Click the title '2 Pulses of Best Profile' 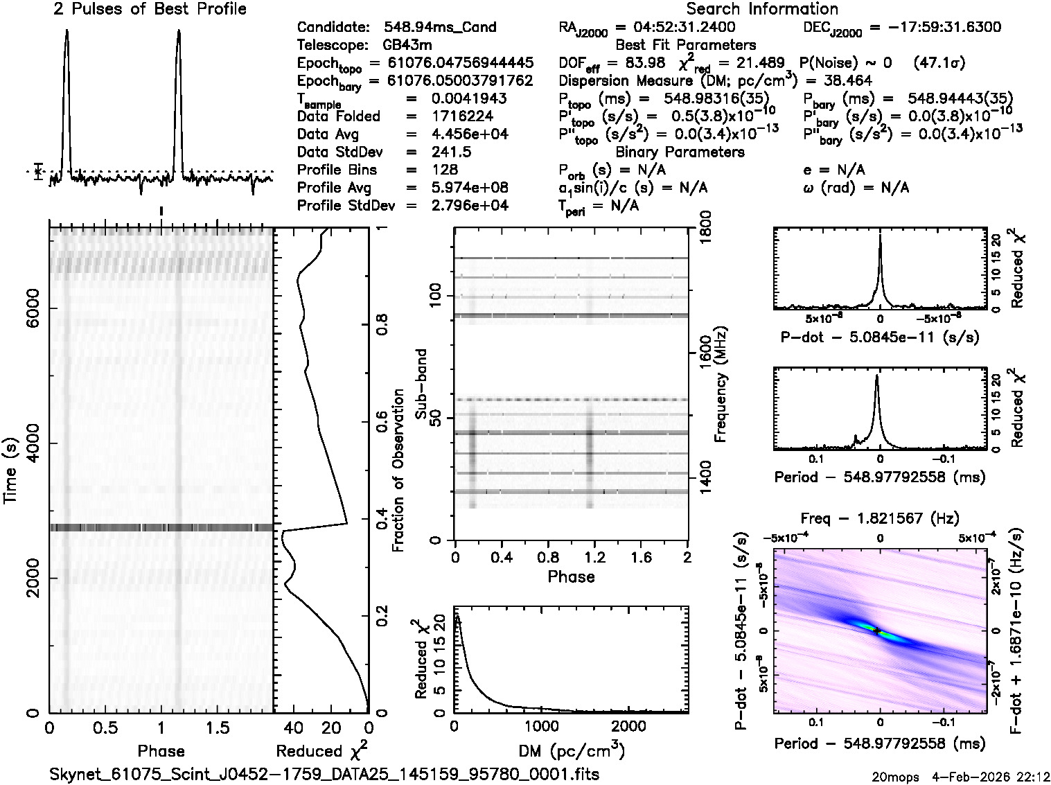tap(150, 9)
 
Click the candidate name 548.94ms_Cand tap(440, 28)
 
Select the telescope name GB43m tap(409, 46)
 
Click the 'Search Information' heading tap(761, 9)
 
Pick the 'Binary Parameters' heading tap(680, 152)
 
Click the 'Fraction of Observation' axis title tap(398, 470)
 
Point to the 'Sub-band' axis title tap(421, 384)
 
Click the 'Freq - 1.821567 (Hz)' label tap(880, 518)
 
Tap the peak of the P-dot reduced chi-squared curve tap(880, 236)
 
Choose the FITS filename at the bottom tap(324, 774)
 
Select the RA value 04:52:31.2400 tap(675, 28)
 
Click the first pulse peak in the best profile tap(67, 31)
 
